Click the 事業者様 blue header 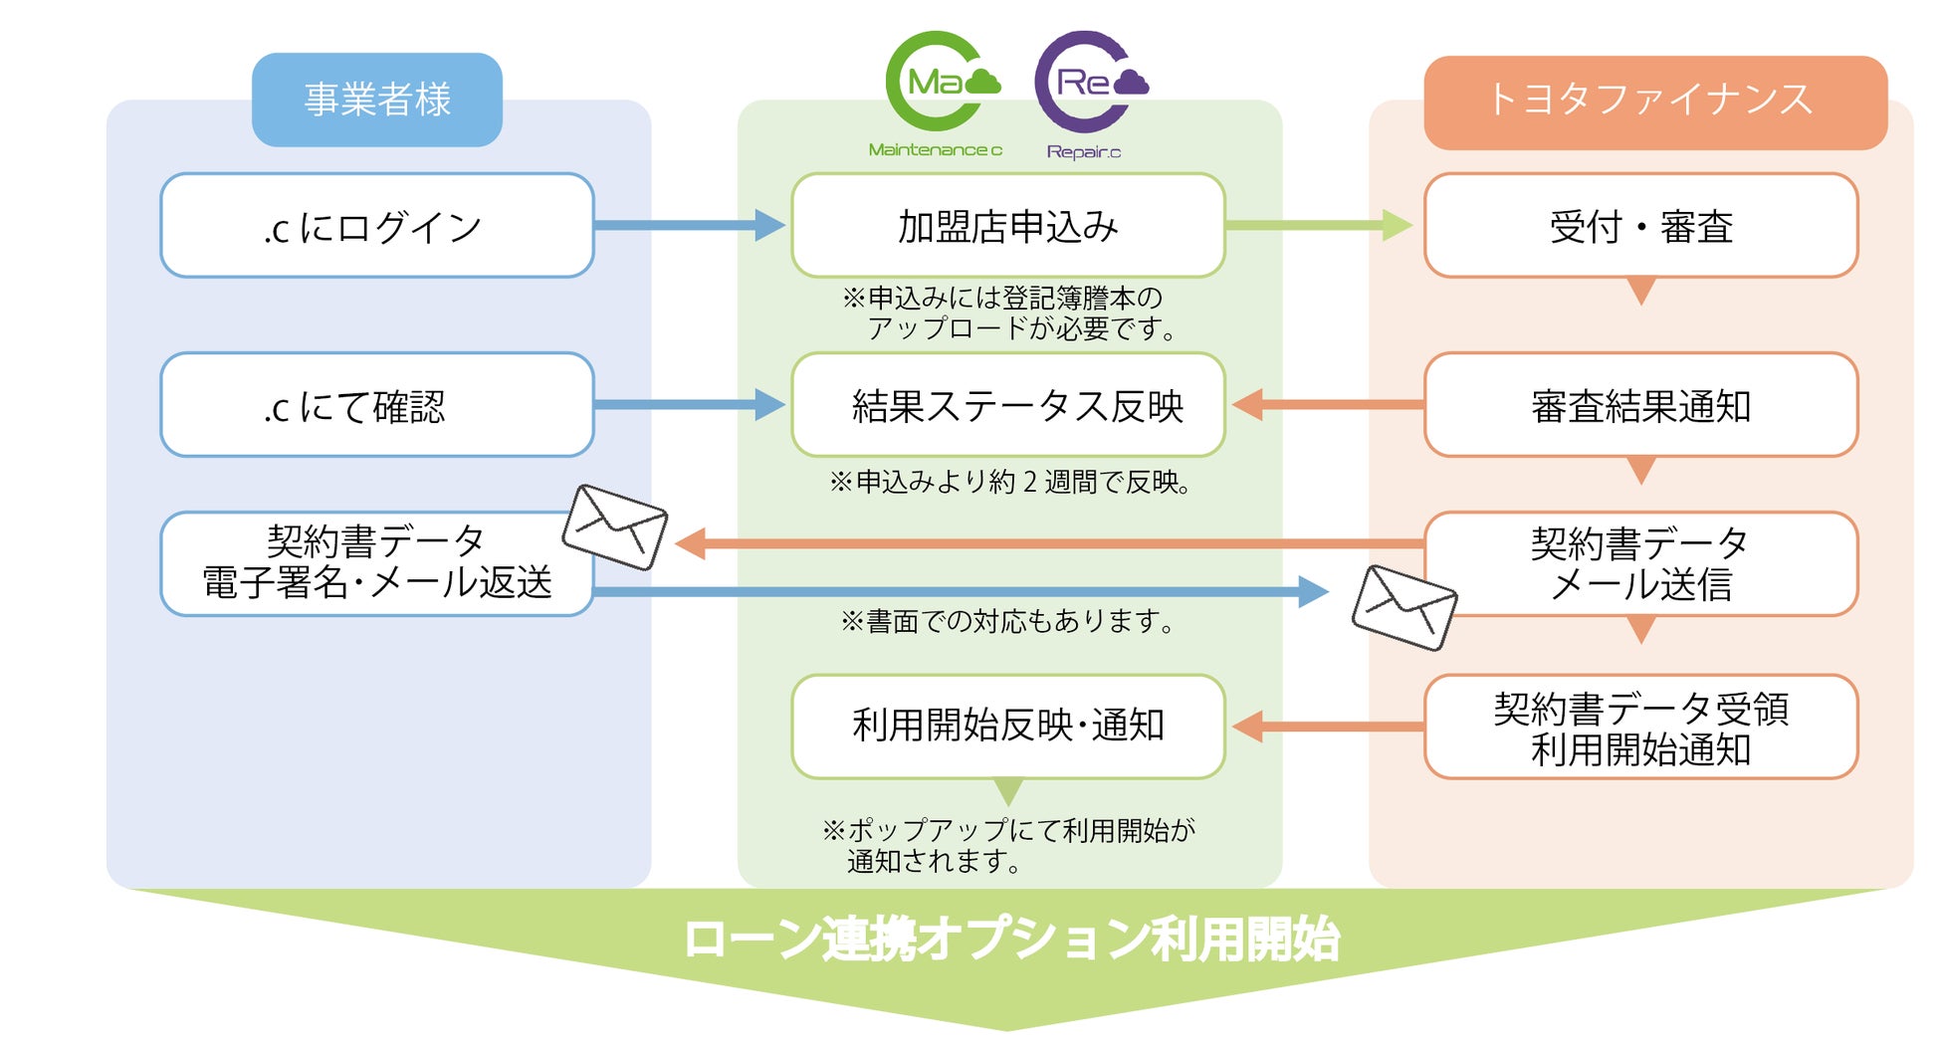point(377,100)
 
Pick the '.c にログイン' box point(377,225)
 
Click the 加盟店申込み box point(1008,225)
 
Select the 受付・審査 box point(1641,225)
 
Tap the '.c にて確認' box point(377,404)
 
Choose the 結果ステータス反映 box point(1008,404)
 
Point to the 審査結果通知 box point(1641,404)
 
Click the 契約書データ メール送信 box point(1641,563)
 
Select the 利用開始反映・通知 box point(1008,727)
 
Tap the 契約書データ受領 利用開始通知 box point(1641,727)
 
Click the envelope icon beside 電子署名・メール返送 point(615,527)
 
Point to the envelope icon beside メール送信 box point(1404,608)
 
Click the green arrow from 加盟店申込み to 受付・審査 point(1319,225)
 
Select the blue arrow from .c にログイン point(690,225)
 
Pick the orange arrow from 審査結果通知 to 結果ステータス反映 point(1328,404)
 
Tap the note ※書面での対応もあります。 point(1008,621)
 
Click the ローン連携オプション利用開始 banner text point(1011,940)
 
